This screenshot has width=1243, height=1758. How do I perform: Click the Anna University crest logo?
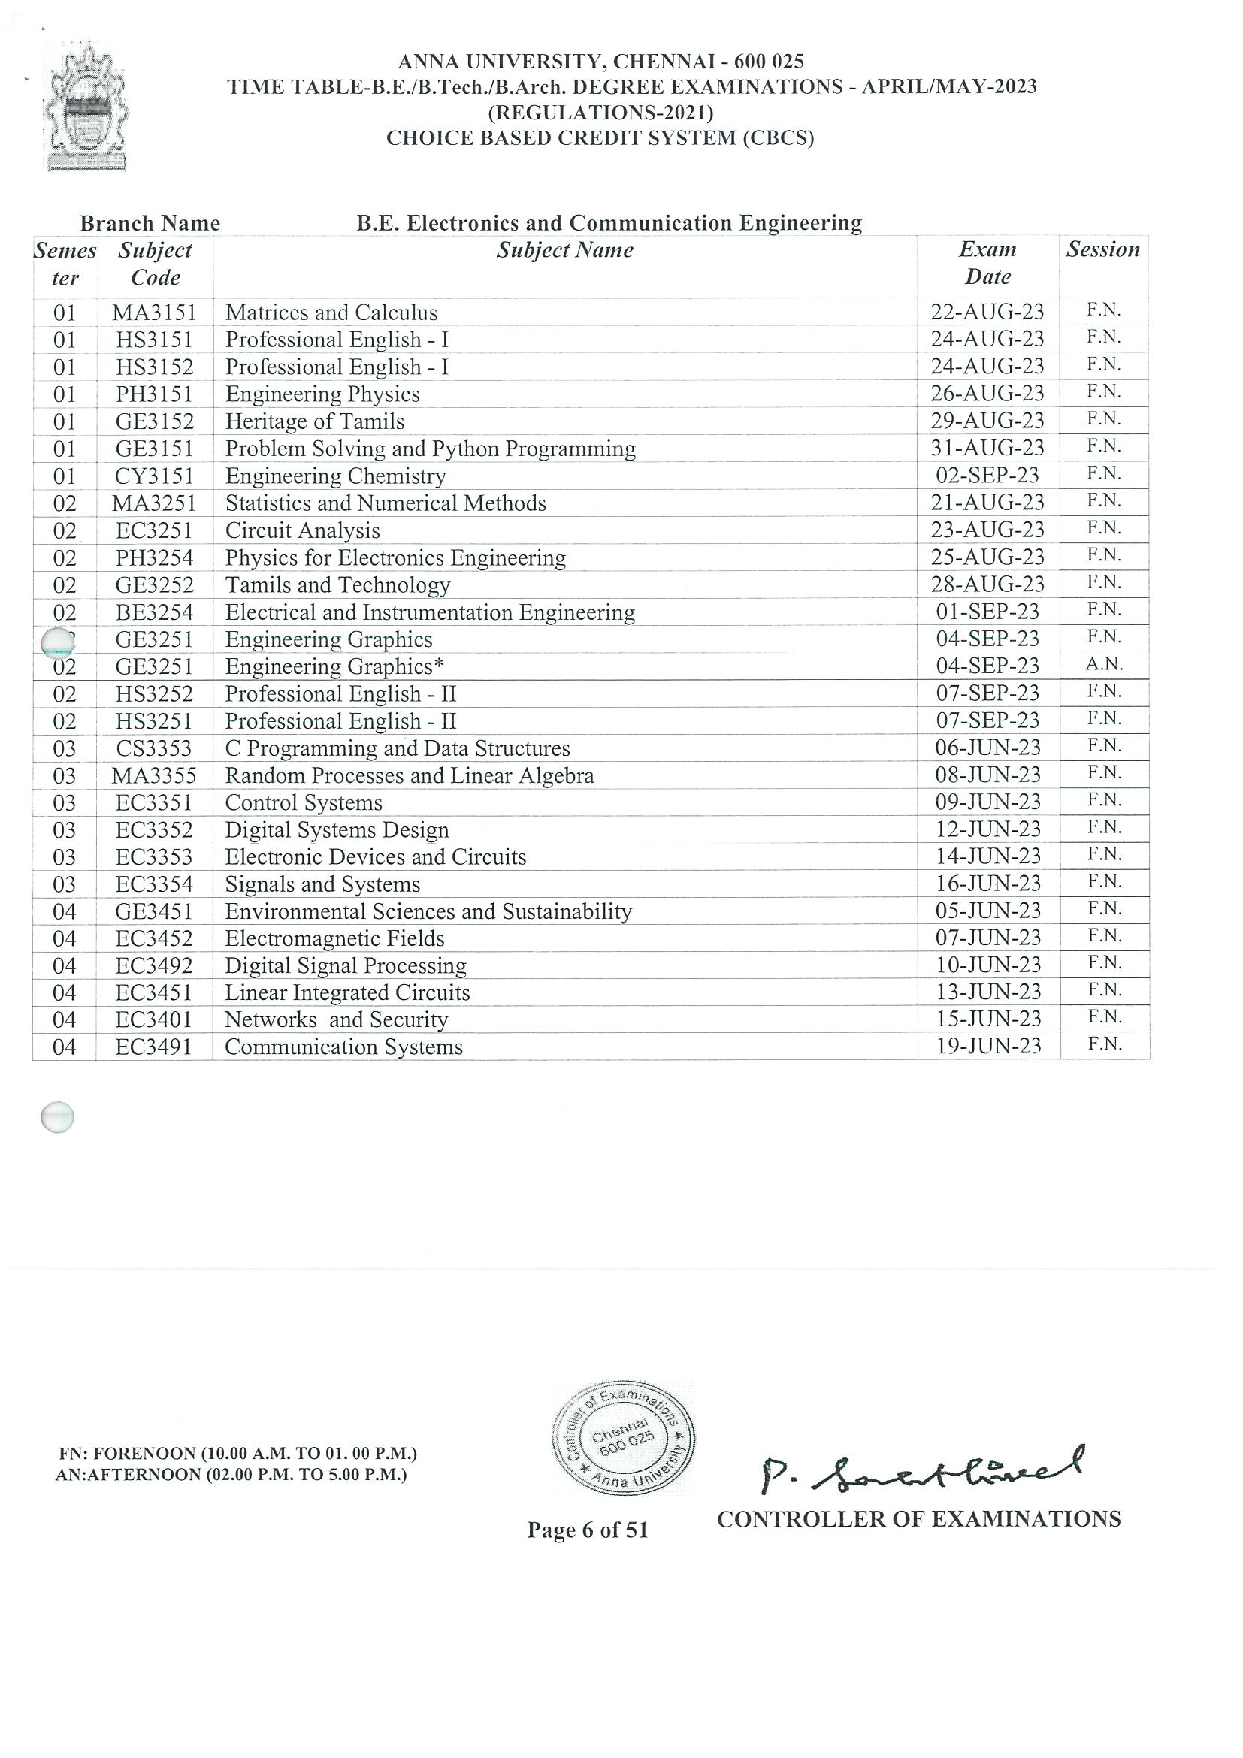[x=86, y=107]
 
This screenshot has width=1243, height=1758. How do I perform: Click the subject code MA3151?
[x=154, y=313]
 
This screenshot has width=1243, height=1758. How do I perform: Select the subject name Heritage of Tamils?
[x=315, y=421]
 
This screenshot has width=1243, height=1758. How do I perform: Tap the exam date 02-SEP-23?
[x=987, y=475]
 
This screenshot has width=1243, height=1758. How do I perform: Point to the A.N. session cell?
[x=1104, y=665]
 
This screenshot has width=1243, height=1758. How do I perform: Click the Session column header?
[x=1103, y=249]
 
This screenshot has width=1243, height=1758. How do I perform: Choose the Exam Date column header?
[x=987, y=263]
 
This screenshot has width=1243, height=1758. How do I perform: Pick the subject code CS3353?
[x=154, y=748]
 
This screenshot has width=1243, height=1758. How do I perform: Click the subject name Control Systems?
[x=304, y=802]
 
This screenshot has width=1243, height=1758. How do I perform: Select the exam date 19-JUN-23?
[x=988, y=1046]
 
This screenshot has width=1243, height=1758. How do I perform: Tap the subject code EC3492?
[x=154, y=965]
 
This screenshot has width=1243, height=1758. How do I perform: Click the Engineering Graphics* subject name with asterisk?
[x=334, y=667]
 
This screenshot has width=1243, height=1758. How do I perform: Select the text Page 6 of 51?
[x=588, y=1530]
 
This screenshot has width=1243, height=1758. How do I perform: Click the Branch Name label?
[x=150, y=224]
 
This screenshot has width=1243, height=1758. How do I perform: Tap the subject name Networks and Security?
[x=335, y=1020]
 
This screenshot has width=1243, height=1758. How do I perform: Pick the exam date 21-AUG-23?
[x=987, y=503]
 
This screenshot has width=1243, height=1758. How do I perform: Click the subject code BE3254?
[x=154, y=612]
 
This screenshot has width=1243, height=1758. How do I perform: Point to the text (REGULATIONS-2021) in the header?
[x=600, y=113]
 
